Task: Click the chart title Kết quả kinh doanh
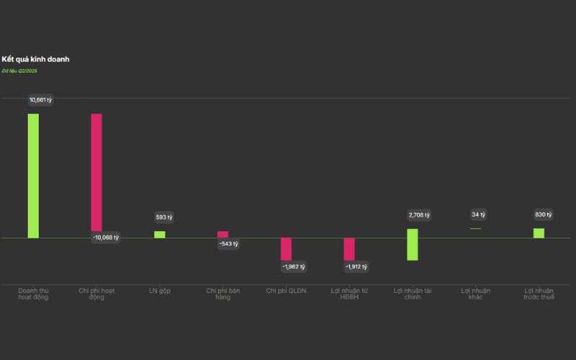pyautogui.click(x=35, y=59)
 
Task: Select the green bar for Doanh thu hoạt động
pyautogui.click(x=33, y=176)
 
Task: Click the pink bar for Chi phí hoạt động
pyautogui.click(x=96, y=172)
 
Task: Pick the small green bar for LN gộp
pyautogui.click(x=159, y=234)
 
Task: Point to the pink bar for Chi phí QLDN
pyautogui.click(x=286, y=248)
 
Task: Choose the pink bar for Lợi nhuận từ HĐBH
pyautogui.click(x=349, y=248)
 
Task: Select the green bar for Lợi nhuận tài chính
pyautogui.click(x=412, y=244)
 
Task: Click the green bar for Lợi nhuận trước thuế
pyautogui.click(x=539, y=233)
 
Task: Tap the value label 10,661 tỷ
pyautogui.click(x=40, y=99)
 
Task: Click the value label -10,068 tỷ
pyautogui.click(x=106, y=238)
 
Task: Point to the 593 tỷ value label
pyautogui.click(x=164, y=217)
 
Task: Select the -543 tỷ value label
pyautogui.click(x=228, y=243)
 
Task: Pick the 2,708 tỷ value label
pyautogui.click(x=418, y=215)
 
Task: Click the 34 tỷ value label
pyautogui.click(x=478, y=215)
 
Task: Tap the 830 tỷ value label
pyautogui.click(x=544, y=215)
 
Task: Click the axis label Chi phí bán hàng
pyautogui.click(x=222, y=294)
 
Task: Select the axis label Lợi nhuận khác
pyautogui.click(x=475, y=294)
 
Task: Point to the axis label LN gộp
pyautogui.click(x=160, y=291)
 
